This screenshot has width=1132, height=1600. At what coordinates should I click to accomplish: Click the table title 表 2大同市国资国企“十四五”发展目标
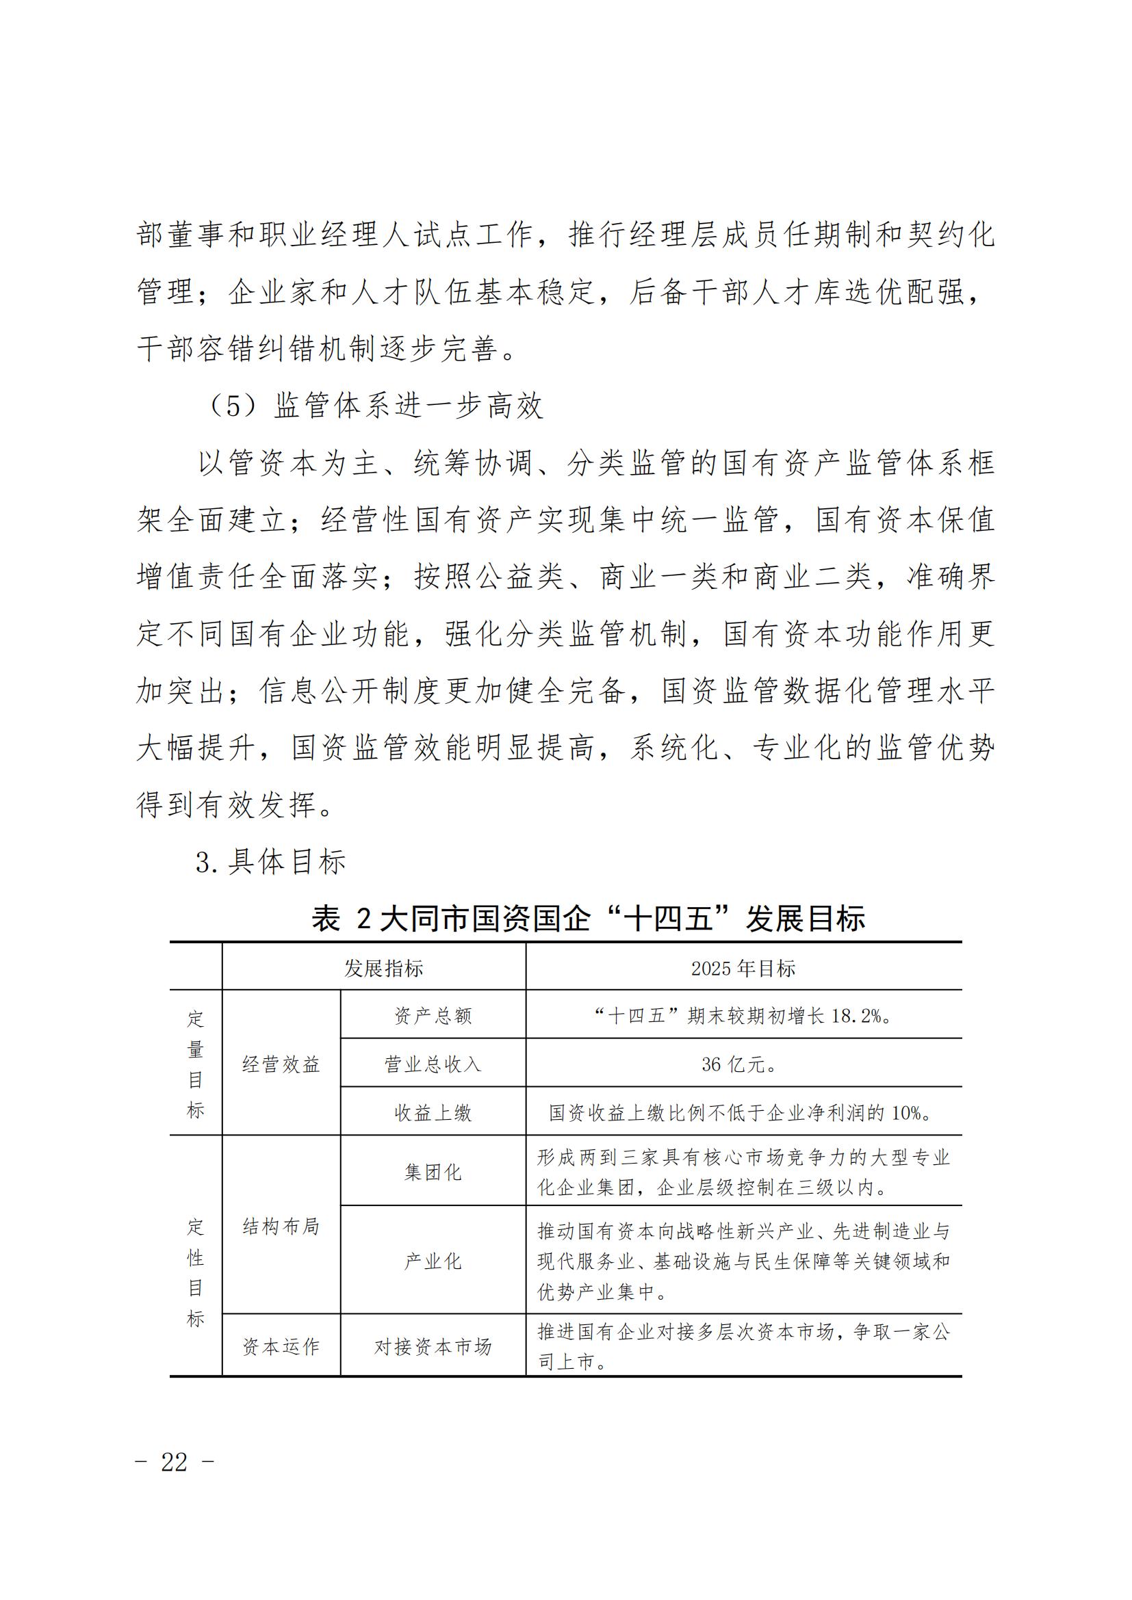point(589,919)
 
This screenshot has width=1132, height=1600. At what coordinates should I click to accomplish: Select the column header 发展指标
point(383,969)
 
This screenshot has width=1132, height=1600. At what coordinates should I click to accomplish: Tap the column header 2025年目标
point(743,969)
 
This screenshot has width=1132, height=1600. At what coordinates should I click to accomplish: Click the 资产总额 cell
point(433,1016)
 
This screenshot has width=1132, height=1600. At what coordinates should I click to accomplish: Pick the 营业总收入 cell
point(433,1064)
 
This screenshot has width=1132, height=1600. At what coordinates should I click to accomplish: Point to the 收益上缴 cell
point(433,1113)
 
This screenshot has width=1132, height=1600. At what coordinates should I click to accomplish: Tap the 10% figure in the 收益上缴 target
point(906,1113)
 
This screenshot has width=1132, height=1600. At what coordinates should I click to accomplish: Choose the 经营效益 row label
point(281,1064)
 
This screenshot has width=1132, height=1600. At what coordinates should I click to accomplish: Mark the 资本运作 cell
point(281,1347)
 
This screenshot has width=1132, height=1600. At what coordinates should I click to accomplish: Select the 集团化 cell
point(433,1172)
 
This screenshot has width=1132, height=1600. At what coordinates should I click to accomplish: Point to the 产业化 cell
point(433,1261)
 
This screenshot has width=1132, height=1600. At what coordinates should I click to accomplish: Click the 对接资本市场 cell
point(433,1347)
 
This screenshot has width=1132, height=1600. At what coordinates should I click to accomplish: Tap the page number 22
point(175,1462)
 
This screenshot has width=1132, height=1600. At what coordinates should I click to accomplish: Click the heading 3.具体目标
point(270,863)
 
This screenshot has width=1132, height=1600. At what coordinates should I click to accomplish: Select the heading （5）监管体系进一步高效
point(375,406)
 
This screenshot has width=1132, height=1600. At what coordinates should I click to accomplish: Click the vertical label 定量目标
point(196,1064)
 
